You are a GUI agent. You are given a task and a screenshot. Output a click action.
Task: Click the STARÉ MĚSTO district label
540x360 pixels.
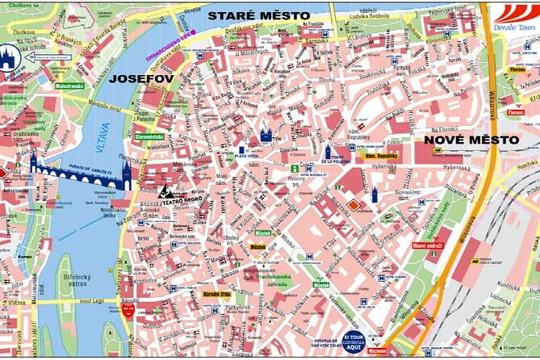pyautogui.click(x=258, y=15)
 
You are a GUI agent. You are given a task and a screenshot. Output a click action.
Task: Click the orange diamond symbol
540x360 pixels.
pyautogui.click(x=353, y=205)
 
